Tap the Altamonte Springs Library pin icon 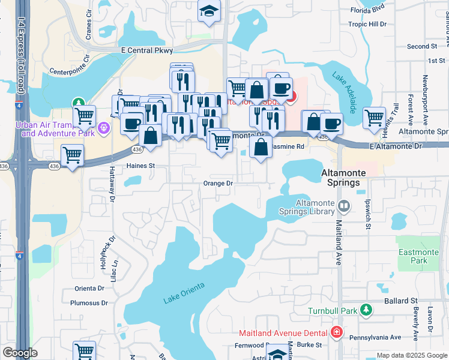(344, 206)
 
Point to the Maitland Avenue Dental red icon (337, 332)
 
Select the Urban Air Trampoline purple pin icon (103, 127)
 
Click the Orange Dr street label (217, 184)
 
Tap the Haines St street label (140, 166)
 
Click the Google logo (20, 353)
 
